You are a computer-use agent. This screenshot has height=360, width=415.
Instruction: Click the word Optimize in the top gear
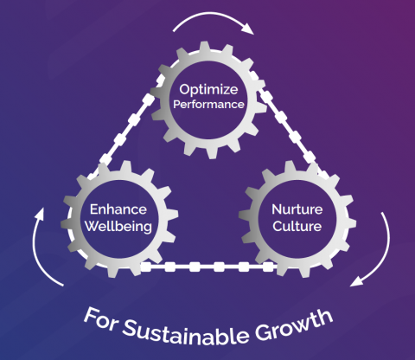(208, 90)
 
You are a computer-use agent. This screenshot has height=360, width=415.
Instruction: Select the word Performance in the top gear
(208, 104)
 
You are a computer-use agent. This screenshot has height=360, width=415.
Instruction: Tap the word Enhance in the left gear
(118, 209)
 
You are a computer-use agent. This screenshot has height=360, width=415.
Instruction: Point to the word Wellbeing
(118, 227)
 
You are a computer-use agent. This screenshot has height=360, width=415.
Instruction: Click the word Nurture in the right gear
(297, 209)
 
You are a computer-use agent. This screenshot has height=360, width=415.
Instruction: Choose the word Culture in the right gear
(297, 226)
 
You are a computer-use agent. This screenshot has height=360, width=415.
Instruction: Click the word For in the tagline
(101, 318)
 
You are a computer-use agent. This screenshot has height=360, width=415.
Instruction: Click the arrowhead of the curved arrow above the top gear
(248, 29)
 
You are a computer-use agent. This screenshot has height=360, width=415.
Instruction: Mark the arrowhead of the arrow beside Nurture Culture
(356, 281)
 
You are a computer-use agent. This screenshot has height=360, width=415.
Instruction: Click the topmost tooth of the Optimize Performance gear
(204, 46)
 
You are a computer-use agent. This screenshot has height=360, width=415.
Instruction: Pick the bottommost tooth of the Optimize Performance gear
(212, 153)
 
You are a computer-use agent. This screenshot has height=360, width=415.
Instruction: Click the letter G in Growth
(263, 331)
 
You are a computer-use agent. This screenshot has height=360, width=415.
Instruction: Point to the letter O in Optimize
(184, 89)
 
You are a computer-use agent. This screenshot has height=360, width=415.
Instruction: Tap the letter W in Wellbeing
(93, 226)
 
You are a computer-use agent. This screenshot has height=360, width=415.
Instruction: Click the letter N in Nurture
(277, 209)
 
